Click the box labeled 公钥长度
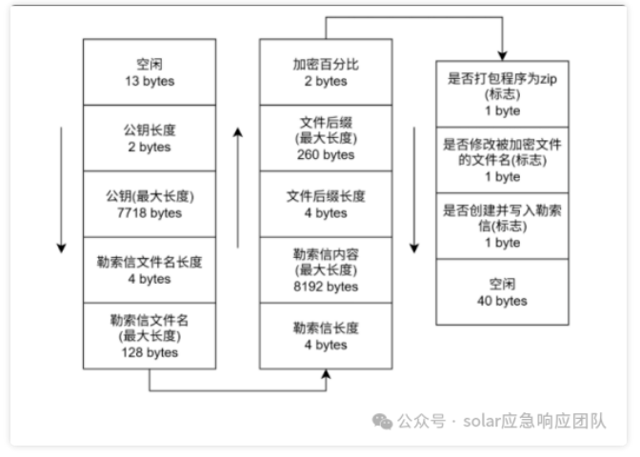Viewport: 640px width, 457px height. point(149,137)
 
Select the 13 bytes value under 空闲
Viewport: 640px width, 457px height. point(149,81)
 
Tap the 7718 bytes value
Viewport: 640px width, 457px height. point(149,213)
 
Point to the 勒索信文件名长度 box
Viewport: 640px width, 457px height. point(149,269)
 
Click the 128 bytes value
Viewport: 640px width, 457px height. point(149,352)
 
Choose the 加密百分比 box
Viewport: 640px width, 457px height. point(326,71)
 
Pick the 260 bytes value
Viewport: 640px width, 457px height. point(326,155)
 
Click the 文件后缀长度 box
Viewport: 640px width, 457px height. point(326,204)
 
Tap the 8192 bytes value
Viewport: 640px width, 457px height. point(326,287)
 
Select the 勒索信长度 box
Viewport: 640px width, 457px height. point(326,335)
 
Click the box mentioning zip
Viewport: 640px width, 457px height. point(502,93)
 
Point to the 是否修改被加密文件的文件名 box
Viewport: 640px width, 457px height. point(502,160)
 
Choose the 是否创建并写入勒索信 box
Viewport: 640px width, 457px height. point(502,226)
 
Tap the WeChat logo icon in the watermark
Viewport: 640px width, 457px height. point(382,421)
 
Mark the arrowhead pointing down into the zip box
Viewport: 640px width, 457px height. point(502,54)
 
